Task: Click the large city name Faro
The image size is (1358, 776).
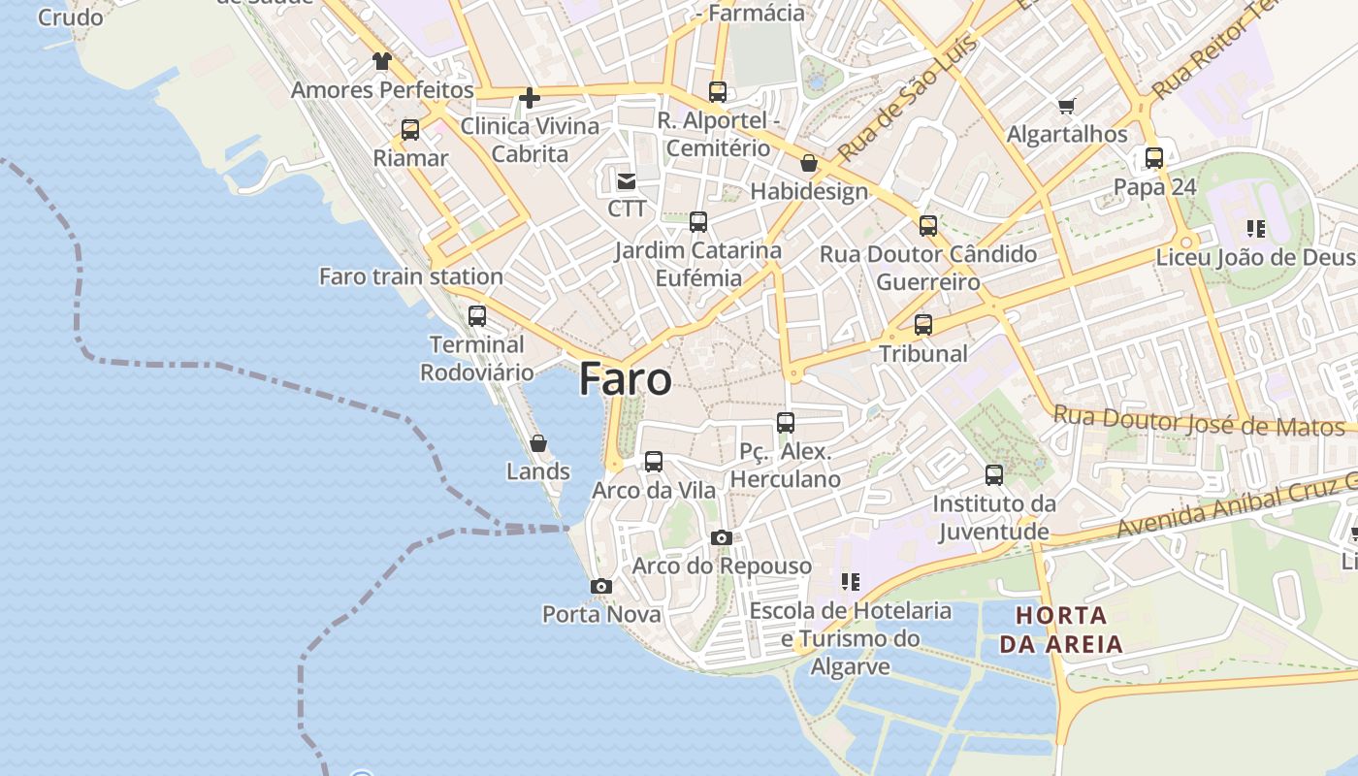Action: point(625,379)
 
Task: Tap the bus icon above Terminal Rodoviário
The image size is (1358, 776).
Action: point(476,315)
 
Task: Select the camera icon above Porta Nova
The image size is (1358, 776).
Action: point(601,586)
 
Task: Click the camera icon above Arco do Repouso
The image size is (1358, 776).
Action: point(721,537)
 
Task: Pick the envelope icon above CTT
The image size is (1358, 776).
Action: point(627,180)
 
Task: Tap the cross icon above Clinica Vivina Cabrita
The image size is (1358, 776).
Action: point(529,97)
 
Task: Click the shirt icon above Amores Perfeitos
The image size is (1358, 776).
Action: point(382,61)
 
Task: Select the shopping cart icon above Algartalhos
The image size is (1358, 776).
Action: point(1067,106)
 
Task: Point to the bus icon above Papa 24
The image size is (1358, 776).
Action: point(1154,158)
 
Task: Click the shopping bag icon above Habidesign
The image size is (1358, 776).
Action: point(809,163)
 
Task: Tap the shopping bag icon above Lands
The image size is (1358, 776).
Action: point(538,443)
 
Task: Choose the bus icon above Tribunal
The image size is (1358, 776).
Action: point(923,325)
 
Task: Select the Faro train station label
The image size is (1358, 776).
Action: point(411,276)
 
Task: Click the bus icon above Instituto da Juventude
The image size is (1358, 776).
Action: point(994,475)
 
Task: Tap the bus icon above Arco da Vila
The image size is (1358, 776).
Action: point(654,462)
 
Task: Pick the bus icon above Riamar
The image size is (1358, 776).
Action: point(410,130)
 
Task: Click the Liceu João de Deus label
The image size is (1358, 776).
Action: point(1255,258)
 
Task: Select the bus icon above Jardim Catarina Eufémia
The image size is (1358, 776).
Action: point(698,222)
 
